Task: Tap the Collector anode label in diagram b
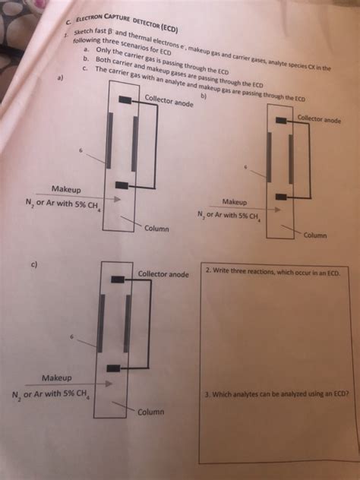coord(319,119)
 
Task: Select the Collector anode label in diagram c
coord(163,273)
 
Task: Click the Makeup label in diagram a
coord(68,188)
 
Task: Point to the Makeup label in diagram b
coord(235,202)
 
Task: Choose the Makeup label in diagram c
coord(57,377)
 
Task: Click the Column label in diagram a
coord(156,229)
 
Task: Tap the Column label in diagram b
coord(315,235)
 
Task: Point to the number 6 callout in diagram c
coord(73,336)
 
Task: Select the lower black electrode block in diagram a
coord(119,185)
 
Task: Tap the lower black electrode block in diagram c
coord(113,367)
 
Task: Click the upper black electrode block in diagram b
coord(282,119)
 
